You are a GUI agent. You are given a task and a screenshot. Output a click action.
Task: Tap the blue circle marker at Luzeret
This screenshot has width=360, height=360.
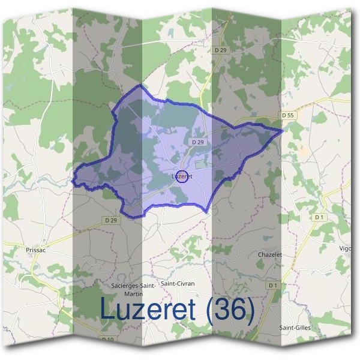pos(184,176)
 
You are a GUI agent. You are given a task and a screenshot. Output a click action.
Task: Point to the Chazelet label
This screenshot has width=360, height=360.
pos(269,254)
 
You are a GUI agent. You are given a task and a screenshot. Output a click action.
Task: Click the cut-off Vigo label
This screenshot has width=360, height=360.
pos(346,248)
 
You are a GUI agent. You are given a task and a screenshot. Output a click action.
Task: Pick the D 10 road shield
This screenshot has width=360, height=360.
pos(109,339)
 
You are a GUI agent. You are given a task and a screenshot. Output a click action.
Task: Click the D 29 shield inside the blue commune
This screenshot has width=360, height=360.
pos(198,142)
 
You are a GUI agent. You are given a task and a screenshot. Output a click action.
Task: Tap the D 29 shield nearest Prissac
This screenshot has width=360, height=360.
pos(110,220)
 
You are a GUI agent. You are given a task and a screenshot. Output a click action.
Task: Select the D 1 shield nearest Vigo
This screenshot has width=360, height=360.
pos(319,217)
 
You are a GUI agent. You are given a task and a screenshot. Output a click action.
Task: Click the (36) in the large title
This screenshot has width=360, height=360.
pos(230,309)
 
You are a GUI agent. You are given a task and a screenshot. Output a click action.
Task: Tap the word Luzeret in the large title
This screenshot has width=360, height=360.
pos(149,309)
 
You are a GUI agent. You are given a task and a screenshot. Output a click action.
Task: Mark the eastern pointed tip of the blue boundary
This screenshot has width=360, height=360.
pos(282,130)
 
